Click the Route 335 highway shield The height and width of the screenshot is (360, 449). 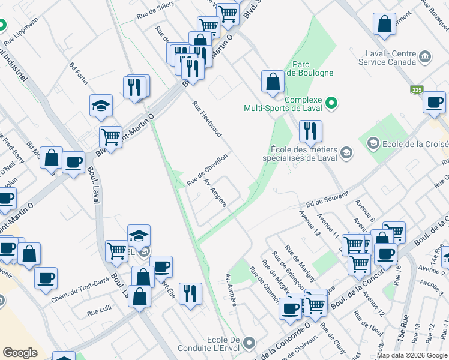[x=417, y=90]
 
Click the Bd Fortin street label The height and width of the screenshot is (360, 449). [x=79, y=73]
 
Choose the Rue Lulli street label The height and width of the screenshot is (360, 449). [x=99, y=312]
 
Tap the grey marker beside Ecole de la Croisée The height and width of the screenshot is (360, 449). [x=373, y=143]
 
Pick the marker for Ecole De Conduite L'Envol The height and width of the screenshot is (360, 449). [x=249, y=343]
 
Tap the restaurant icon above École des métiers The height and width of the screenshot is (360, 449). [x=310, y=130]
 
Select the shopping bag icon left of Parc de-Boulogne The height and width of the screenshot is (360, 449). [x=273, y=82]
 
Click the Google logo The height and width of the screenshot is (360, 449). [x=20, y=353]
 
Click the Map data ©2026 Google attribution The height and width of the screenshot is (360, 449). [x=412, y=355]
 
